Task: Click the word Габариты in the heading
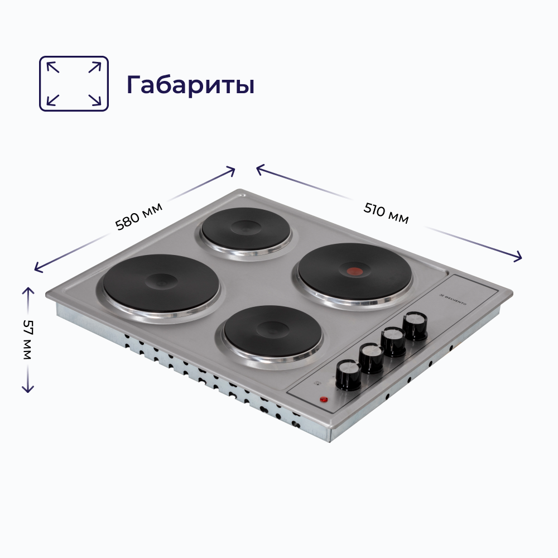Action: pos(190,84)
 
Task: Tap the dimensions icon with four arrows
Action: pos(74,83)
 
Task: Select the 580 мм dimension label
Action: pos(138,215)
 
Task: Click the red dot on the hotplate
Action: pos(353,272)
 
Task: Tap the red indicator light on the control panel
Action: pos(323,400)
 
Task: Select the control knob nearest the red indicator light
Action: pos(349,374)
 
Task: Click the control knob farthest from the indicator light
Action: pos(415,326)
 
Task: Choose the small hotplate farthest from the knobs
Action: pos(246,230)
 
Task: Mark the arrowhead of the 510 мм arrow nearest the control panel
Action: pos(518,257)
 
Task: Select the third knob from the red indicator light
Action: pos(393,341)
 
